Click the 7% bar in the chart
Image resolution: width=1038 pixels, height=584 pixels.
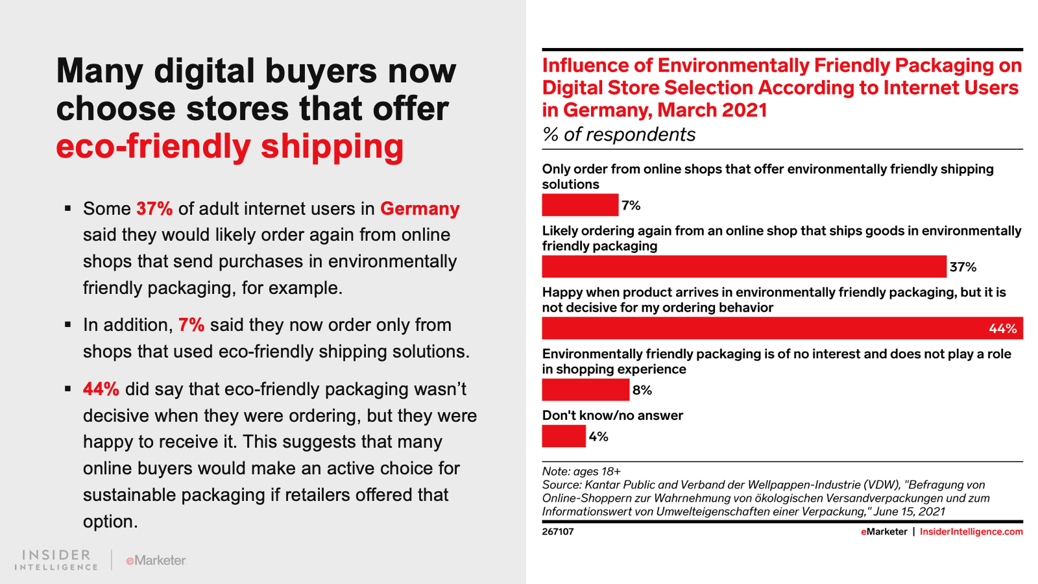click(580, 205)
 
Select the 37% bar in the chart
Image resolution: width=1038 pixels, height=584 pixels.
click(744, 267)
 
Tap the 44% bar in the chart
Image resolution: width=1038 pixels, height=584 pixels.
click(766, 328)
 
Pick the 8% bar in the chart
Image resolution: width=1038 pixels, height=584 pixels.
click(585, 390)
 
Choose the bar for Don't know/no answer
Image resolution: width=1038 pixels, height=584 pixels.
click(564, 436)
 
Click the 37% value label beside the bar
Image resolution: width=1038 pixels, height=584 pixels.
click(963, 267)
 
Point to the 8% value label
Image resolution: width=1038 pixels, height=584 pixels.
click(642, 390)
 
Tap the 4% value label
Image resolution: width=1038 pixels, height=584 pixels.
click(598, 436)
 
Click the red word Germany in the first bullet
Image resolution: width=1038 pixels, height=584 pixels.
click(420, 208)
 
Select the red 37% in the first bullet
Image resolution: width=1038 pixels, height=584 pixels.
click(154, 208)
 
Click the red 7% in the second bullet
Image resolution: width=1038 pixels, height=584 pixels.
click(191, 324)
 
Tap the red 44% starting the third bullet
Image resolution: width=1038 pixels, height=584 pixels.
click(101, 389)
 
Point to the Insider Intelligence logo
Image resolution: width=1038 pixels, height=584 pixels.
click(56, 559)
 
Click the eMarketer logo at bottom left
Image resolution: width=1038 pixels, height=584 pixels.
click(156, 560)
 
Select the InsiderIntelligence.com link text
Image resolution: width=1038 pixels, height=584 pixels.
click(971, 531)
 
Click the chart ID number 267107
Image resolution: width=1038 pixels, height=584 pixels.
click(558, 531)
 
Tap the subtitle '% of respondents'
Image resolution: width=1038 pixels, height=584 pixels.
click(619, 134)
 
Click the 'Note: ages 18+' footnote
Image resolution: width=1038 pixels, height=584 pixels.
click(581, 471)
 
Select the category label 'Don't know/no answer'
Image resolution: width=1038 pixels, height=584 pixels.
click(612, 415)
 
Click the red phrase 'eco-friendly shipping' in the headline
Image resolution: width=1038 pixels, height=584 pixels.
click(230, 146)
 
